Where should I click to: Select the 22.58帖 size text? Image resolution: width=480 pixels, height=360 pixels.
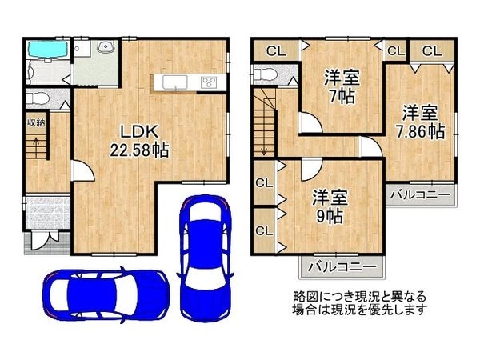138,150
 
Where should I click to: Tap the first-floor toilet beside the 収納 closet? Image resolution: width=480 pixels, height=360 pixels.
35,98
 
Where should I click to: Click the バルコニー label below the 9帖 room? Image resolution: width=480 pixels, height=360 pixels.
341,266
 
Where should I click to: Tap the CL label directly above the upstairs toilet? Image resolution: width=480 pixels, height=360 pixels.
275,50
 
